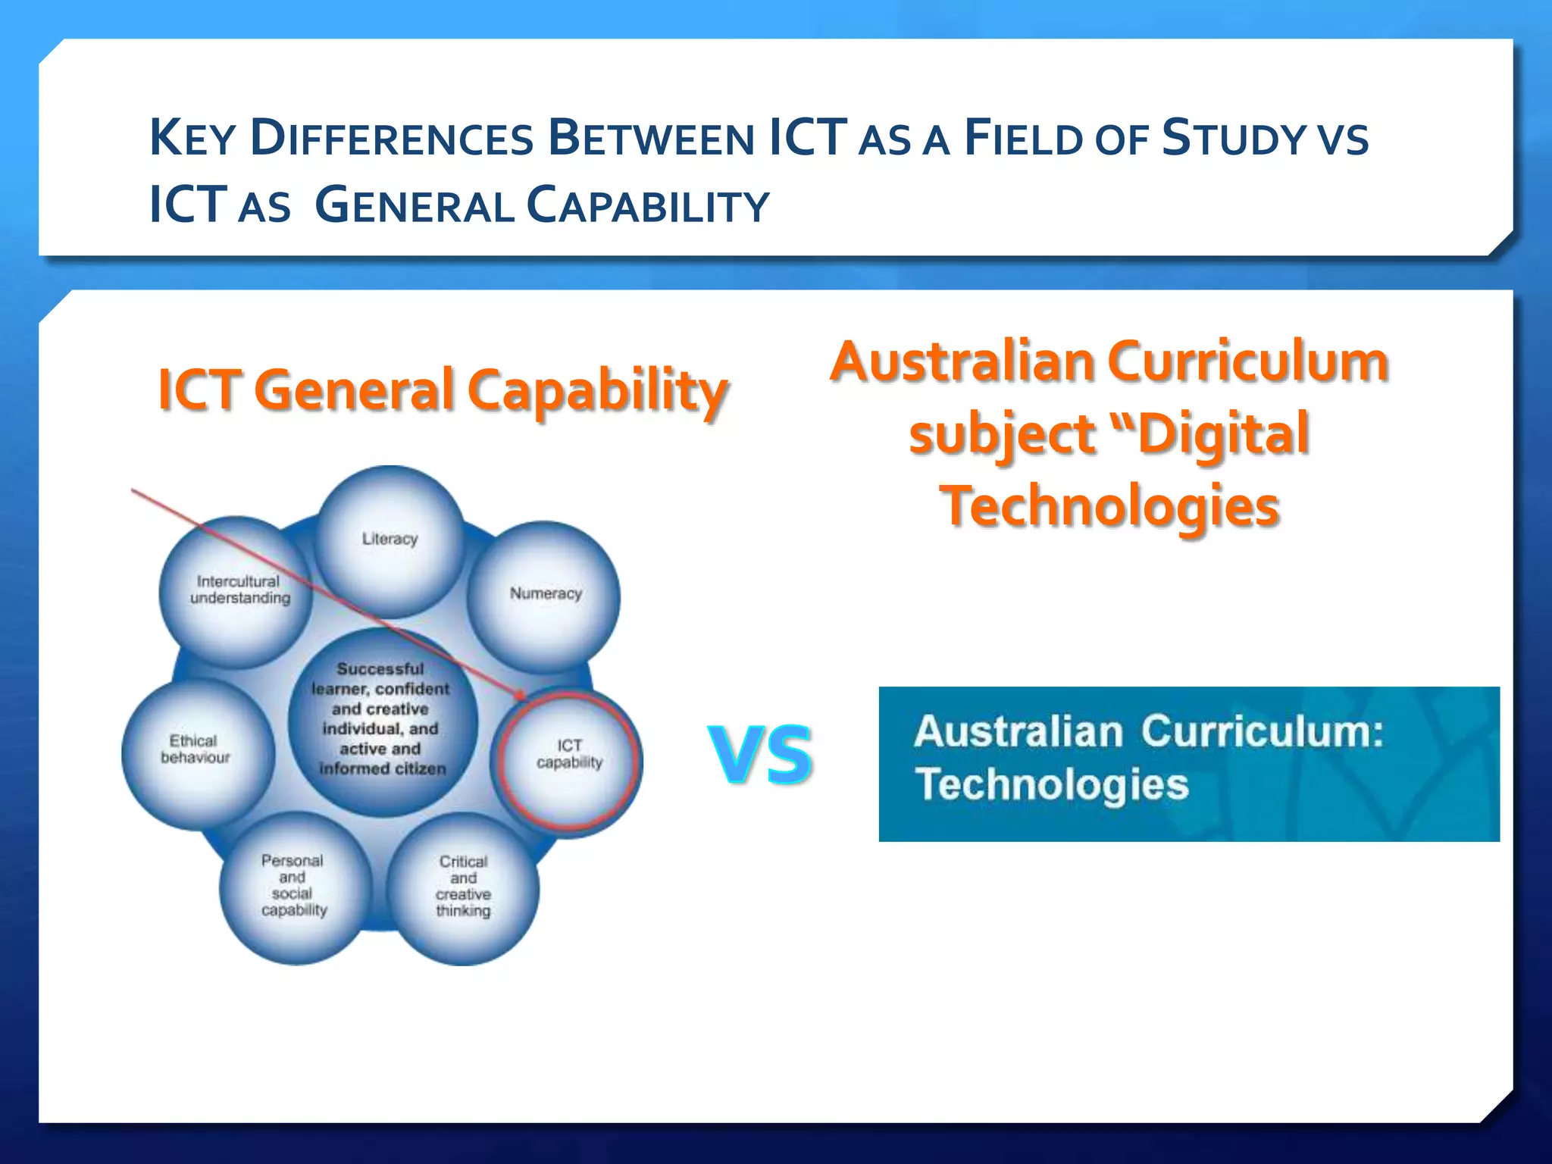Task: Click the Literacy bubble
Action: pyautogui.click(x=390, y=540)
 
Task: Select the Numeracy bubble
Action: pyautogui.click(x=545, y=595)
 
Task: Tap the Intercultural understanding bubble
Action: pyautogui.click(x=237, y=590)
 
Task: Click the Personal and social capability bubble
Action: pyautogui.click(x=294, y=887)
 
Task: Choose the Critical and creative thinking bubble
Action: pyautogui.click(x=463, y=887)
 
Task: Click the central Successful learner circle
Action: pyautogui.click(x=382, y=720)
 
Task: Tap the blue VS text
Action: pyautogui.click(x=761, y=754)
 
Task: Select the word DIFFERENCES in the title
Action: pyautogui.click(x=392, y=139)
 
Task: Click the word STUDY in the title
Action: pyautogui.click(x=1234, y=139)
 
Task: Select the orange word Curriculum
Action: pyautogui.click(x=1250, y=361)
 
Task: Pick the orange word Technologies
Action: pyautogui.click(x=1109, y=506)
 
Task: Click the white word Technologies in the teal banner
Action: pyautogui.click(x=1052, y=785)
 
